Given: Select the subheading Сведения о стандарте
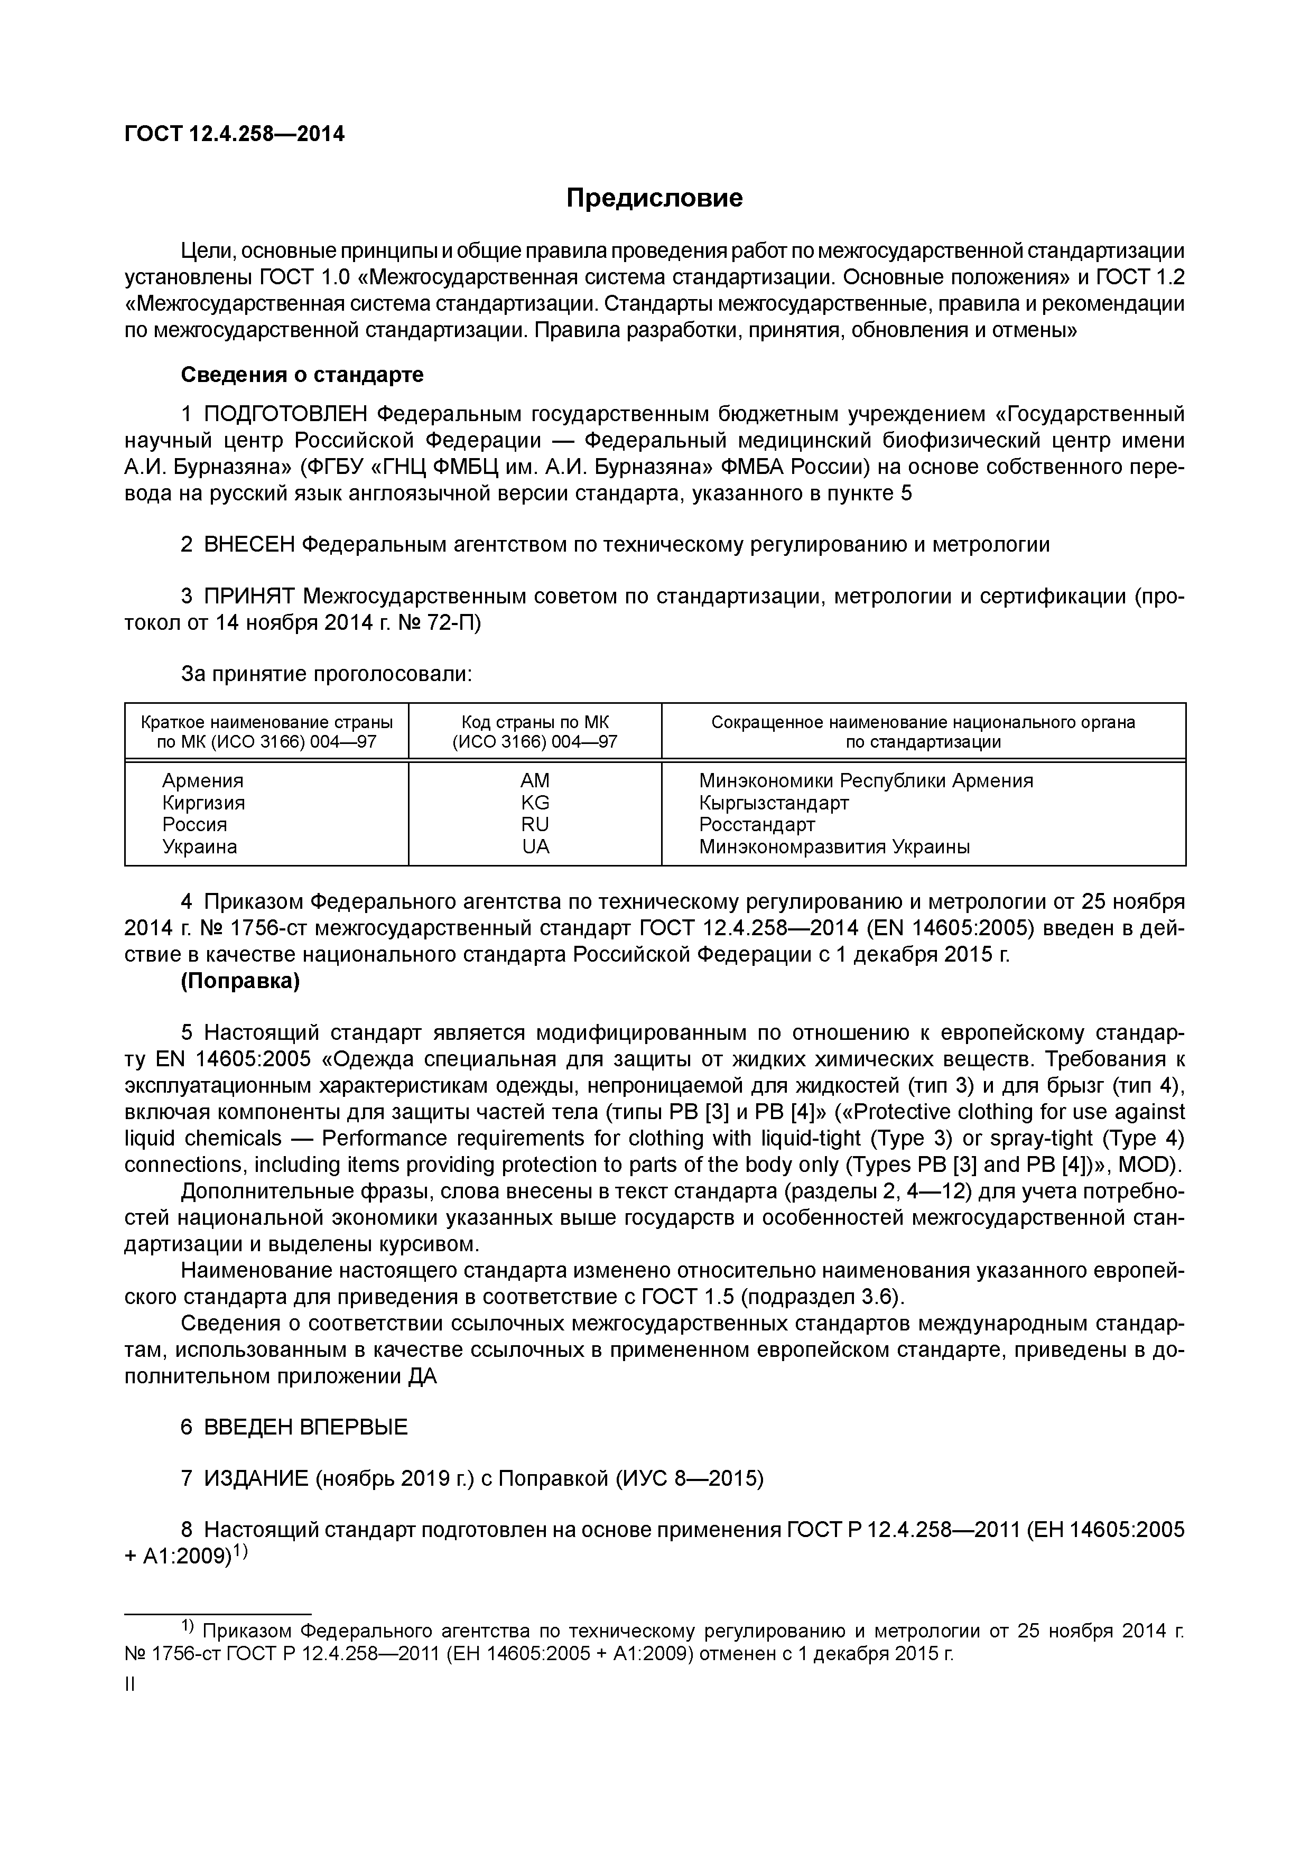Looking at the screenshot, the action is (301, 375).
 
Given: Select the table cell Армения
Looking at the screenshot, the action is (202, 780).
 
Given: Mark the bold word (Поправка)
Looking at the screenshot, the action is (240, 981).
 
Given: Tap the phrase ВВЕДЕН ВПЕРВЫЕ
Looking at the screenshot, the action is (305, 1427).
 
